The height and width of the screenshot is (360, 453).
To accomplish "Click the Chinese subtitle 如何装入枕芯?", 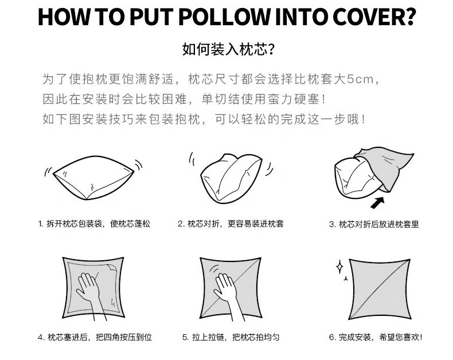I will [x=226, y=50].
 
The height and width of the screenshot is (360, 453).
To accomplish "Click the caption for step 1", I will [x=94, y=224].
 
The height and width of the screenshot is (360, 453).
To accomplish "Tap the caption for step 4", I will [x=95, y=338].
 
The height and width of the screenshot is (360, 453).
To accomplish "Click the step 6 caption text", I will [x=376, y=338].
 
